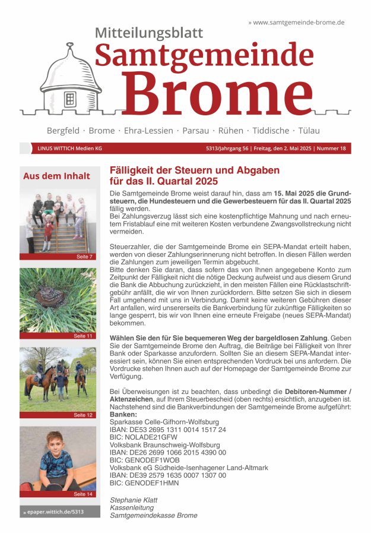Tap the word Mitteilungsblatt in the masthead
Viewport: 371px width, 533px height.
pyautogui.click(x=148, y=33)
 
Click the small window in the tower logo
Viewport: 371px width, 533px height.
pyautogui.click(x=70, y=99)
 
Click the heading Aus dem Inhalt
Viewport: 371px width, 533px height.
pyautogui.click(x=56, y=176)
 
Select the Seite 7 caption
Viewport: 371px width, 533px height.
pyautogui.click(x=84, y=257)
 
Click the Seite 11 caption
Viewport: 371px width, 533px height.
pyautogui.click(x=83, y=336)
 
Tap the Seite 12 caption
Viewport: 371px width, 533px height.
pyautogui.click(x=83, y=415)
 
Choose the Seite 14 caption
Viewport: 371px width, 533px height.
pyautogui.click(x=83, y=494)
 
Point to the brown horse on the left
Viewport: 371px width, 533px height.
pyautogui.click(x=34, y=380)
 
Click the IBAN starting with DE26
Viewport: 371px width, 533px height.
pyautogui.click(x=168, y=452)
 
